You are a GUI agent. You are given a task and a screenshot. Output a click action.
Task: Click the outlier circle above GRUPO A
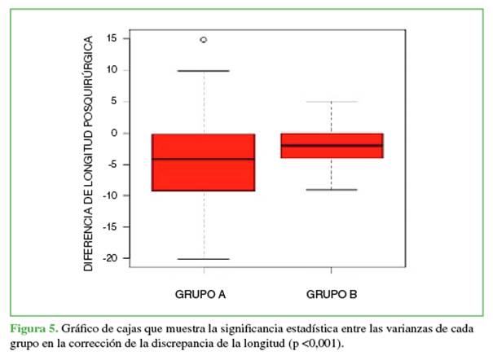pyautogui.click(x=203, y=39)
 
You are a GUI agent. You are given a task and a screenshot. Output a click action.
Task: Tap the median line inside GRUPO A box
pyautogui.click(x=203, y=159)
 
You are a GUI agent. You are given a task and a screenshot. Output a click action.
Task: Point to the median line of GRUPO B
pyautogui.click(x=332, y=145)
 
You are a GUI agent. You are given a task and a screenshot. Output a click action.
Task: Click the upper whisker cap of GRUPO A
pyautogui.click(x=203, y=71)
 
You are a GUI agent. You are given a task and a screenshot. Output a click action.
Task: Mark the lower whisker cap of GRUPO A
pyautogui.click(x=203, y=259)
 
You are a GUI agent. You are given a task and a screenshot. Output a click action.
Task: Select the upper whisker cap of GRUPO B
pyautogui.click(x=332, y=102)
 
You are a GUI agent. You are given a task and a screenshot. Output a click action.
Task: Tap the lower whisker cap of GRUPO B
pyautogui.click(x=332, y=190)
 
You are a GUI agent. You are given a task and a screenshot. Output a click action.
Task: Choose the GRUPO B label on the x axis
pyautogui.click(x=332, y=293)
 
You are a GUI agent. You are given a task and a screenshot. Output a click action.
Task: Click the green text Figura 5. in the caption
pyautogui.click(x=33, y=328)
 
